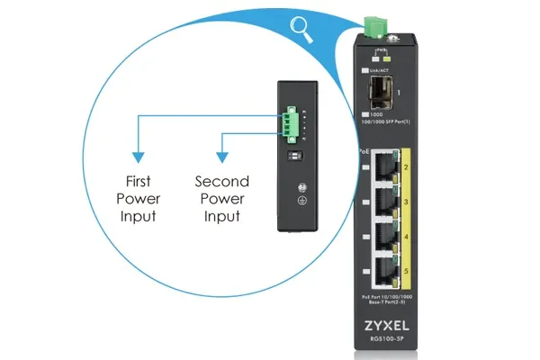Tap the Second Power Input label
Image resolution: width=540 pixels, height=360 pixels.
(x=221, y=198)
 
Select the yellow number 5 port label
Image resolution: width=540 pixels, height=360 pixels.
(x=406, y=271)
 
